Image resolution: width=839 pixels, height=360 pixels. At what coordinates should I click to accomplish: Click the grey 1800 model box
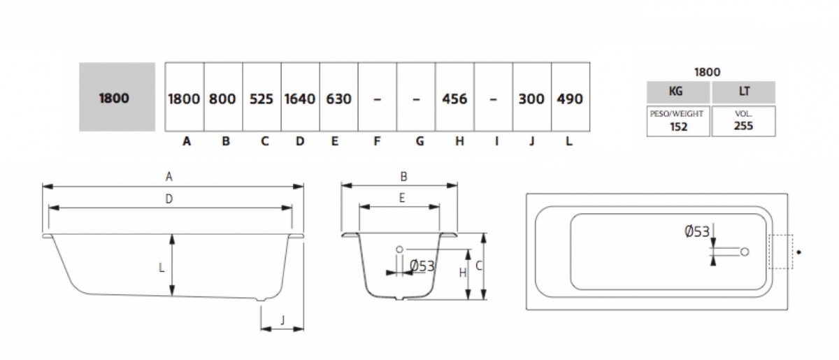pos(117,97)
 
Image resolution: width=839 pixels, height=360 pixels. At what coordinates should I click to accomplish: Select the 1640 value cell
pos(300,99)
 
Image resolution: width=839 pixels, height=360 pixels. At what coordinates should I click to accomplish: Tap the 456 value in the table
pos(454,99)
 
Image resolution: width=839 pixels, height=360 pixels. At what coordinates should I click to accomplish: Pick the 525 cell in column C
pos(261,99)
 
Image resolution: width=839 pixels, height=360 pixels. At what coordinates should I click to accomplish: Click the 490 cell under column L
pos(570,99)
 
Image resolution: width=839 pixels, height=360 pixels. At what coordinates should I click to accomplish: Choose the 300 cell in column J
pos(531,99)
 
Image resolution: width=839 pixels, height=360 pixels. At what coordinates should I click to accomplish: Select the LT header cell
pos(743,92)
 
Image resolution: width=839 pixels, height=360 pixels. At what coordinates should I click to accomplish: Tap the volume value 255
pos(743,127)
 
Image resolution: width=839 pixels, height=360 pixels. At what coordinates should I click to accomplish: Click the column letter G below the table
pos(419,141)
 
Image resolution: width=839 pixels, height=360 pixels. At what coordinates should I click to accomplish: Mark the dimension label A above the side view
pos(169,178)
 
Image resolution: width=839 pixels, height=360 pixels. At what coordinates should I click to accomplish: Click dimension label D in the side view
pos(169,199)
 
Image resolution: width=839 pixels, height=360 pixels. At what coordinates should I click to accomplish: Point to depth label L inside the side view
pos(162,267)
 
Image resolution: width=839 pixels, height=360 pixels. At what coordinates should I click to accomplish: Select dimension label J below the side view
pos(282,320)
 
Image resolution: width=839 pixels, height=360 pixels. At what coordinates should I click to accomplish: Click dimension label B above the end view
pos(403,178)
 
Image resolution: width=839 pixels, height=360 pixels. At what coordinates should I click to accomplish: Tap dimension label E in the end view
pos(402,198)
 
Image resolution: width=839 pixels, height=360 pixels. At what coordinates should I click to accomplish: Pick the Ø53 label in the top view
pos(698,231)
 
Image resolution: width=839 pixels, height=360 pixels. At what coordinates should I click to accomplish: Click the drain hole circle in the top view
pos(745,252)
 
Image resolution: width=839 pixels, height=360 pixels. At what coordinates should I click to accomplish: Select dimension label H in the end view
pos(462,273)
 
